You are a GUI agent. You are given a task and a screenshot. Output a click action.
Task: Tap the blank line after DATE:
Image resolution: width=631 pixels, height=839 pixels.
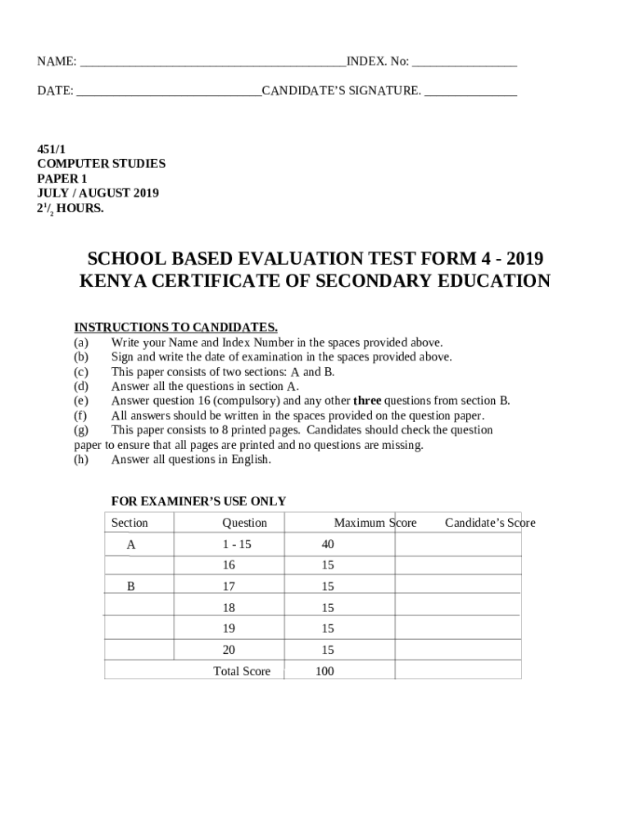[169, 92]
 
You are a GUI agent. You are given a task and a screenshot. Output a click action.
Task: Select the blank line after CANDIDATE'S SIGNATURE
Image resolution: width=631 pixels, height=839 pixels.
[470, 92]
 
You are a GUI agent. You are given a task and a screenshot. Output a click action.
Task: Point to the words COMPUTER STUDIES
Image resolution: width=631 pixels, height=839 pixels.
[101, 164]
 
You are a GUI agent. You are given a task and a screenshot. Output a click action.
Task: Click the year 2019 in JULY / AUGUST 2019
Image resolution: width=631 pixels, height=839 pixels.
[144, 193]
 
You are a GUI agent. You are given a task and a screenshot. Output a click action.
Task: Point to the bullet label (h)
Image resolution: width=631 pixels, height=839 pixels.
[80, 460]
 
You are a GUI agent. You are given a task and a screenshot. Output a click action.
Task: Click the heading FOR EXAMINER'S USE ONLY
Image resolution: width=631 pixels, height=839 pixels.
[198, 501]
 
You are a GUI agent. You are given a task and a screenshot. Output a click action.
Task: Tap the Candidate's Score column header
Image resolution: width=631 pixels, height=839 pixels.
[490, 523]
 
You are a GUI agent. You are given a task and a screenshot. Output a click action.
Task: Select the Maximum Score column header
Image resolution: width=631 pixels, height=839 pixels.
[375, 523]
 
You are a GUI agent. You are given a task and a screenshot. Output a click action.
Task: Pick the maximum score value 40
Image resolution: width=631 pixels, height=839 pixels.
[328, 544]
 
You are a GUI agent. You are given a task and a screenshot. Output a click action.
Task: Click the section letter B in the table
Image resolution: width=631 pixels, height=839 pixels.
[130, 587]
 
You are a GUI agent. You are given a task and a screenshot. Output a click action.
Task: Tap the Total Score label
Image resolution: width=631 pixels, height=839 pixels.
[242, 672]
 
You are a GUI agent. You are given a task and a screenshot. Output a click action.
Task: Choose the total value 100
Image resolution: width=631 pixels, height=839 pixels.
[325, 672]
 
